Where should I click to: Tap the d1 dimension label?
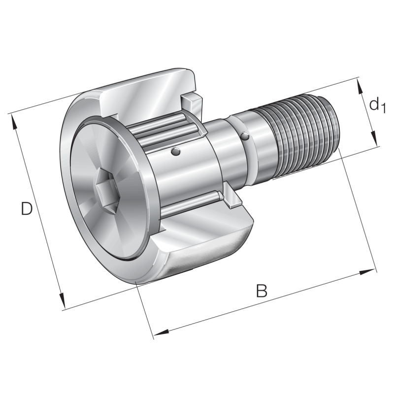[x=376, y=104]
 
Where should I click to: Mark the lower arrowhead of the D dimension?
[x=63, y=302]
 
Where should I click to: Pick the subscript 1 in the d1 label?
[x=383, y=108]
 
